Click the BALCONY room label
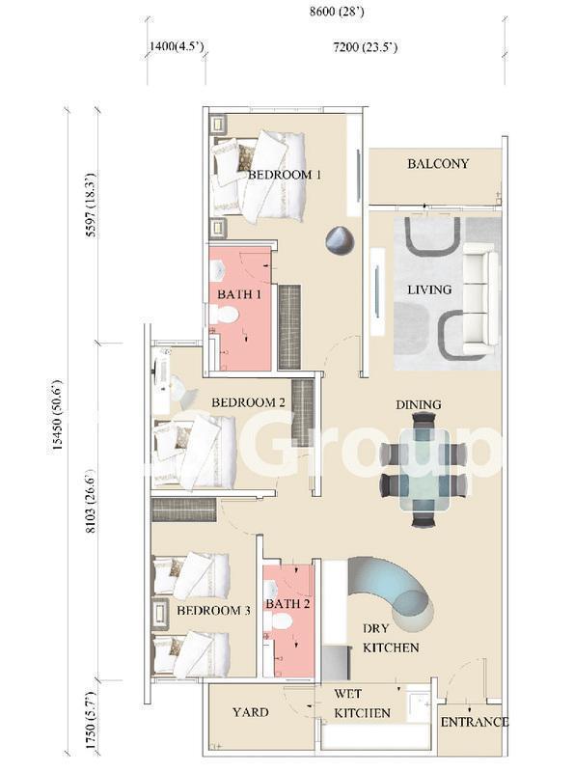pos(437,164)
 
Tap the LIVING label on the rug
pos(428,289)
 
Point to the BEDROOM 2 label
pos(248,401)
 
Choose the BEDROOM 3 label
pos(213,611)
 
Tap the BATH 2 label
pos(287,604)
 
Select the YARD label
pos(250,712)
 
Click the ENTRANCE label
pos(473,722)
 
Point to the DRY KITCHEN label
pos(390,638)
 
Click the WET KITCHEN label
pos(362,703)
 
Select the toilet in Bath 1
pos(225,315)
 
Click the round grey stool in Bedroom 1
pos(339,240)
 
